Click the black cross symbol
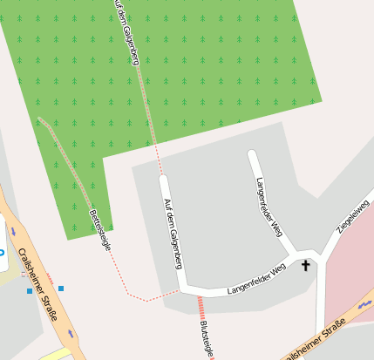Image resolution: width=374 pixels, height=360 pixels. (306, 265)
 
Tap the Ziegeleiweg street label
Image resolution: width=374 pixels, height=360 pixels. (353, 216)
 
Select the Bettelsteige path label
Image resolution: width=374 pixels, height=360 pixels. (100, 230)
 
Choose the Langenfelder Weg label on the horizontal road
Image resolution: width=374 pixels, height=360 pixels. (256, 280)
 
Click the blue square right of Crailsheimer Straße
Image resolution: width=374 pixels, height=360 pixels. (61, 288)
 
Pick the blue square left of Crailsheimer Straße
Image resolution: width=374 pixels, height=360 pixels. (29, 291)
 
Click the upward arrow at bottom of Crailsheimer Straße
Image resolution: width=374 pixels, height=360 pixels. (70, 334)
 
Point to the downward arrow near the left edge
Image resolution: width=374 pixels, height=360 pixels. (13, 231)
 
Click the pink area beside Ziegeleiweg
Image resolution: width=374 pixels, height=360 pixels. (349, 270)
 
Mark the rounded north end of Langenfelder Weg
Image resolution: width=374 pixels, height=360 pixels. (252, 155)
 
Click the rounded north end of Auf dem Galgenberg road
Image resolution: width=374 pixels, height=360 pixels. (163, 180)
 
